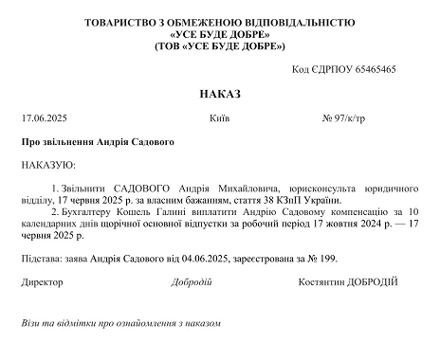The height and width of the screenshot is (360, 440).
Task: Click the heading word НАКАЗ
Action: [220, 95]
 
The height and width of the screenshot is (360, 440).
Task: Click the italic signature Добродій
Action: [192, 281]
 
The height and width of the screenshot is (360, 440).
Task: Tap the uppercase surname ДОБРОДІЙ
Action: [365, 281]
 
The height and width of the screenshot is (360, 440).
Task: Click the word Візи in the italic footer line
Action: [30, 323]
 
